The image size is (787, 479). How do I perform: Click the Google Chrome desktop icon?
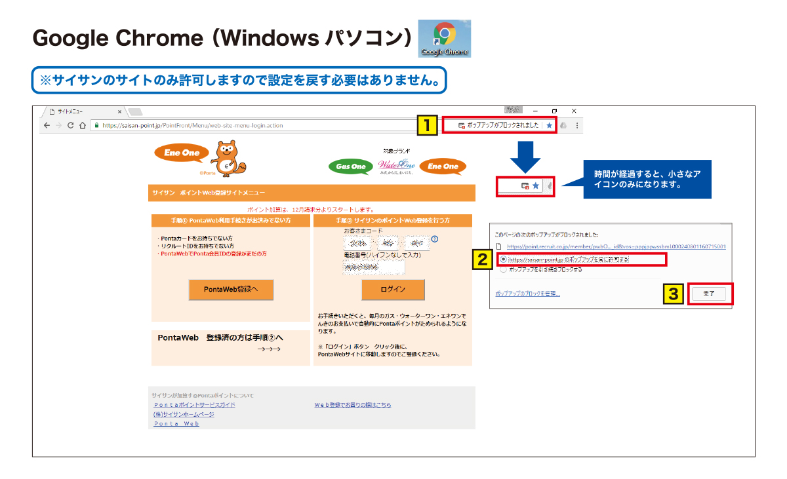tap(444, 38)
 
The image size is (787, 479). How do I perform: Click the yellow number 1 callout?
tap(428, 125)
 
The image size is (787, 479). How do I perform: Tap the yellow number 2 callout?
tap(482, 259)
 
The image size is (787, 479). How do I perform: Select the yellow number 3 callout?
tap(674, 294)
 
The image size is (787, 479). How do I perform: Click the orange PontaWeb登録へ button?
tap(231, 290)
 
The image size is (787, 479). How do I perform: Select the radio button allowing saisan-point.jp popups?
tap(503, 260)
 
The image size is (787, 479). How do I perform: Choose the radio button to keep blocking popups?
tap(503, 269)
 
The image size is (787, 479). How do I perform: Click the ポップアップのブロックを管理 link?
tap(527, 294)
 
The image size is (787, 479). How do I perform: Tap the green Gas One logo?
tap(351, 166)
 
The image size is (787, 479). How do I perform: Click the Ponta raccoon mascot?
tap(227, 160)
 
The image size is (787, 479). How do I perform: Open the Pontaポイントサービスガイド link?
tap(194, 405)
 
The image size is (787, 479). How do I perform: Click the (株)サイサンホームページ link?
tap(184, 414)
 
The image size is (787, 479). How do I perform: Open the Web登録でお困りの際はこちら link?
tap(353, 405)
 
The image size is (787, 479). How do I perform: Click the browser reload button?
tap(71, 125)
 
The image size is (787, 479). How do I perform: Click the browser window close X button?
tap(574, 111)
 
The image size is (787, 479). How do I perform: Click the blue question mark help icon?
tap(434, 239)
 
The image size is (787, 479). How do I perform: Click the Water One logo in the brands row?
tap(396, 166)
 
